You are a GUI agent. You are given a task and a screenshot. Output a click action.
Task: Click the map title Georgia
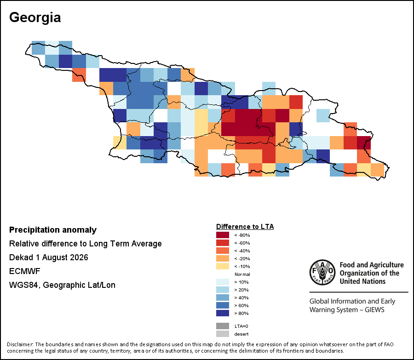35,18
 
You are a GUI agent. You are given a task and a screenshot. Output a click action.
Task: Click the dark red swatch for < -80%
223,235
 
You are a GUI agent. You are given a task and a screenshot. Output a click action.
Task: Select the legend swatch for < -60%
223,243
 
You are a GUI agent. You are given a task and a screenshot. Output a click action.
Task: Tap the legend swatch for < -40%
223,251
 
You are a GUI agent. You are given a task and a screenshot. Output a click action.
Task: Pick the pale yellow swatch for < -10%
223,266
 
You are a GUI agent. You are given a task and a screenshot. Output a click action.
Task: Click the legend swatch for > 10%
223,282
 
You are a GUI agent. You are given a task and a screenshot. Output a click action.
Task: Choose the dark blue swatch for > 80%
223,313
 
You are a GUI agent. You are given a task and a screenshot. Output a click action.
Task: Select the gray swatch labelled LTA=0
223,326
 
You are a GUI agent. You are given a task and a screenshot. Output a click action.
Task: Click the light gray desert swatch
223,334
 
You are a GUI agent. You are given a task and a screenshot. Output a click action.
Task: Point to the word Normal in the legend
242,274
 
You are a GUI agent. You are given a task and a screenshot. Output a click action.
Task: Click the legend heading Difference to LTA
245,227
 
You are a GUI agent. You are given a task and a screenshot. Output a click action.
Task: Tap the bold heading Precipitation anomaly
53,230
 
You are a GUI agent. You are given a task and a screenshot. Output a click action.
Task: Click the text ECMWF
24,271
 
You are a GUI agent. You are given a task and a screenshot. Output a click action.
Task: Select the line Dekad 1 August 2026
49,257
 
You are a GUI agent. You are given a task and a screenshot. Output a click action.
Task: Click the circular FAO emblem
322,272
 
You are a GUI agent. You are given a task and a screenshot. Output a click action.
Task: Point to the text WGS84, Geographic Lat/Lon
62,285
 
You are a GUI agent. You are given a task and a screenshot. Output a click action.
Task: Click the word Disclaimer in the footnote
20,344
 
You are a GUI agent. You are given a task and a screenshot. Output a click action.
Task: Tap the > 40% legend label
241,298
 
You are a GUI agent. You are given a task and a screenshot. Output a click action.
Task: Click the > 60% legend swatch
223,305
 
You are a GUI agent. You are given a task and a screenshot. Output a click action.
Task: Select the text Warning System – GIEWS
347,309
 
